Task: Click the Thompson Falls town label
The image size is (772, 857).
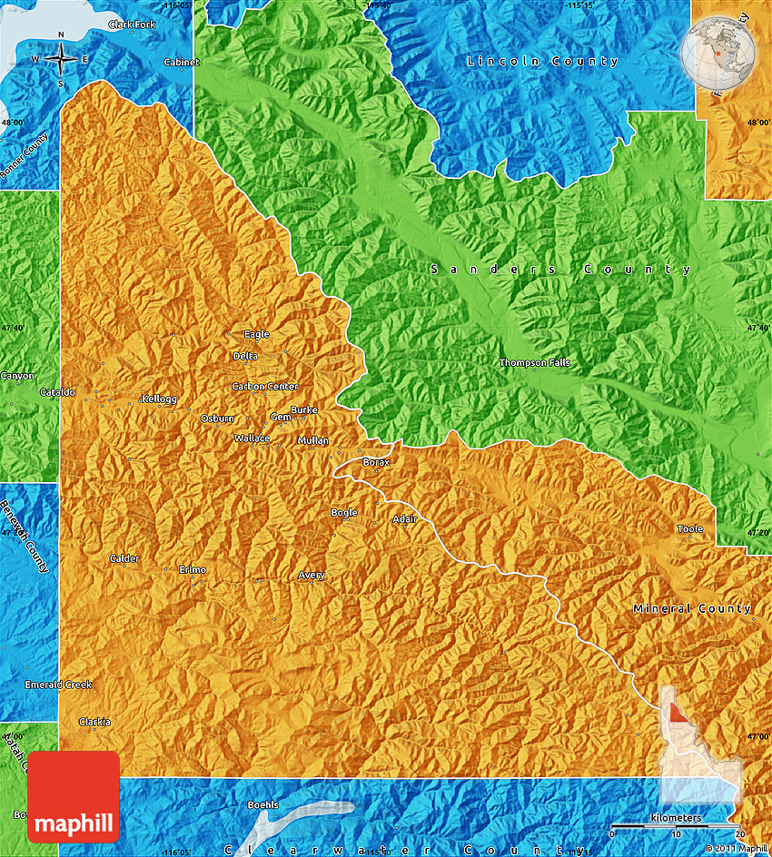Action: tap(535, 363)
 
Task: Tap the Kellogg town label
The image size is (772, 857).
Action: tap(159, 399)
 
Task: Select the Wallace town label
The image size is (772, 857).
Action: tap(252, 438)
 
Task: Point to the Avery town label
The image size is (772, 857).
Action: tap(312, 576)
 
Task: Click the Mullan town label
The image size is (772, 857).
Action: tap(313, 441)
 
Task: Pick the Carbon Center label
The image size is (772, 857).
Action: tap(264, 387)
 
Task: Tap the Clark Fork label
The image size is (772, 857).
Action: tap(132, 25)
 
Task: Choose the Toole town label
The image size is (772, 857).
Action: tap(689, 529)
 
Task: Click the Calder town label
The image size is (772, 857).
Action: tap(124, 558)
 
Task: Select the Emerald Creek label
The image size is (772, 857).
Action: tap(58, 685)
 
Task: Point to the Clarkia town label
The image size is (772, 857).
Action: tap(94, 722)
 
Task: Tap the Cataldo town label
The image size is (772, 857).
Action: tap(58, 393)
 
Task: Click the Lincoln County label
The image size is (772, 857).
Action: tap(542, 62)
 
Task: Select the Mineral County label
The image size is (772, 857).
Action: tap(692, 608)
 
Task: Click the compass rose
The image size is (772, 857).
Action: tap(61, 59)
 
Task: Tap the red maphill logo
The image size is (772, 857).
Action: tap(74, 797)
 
